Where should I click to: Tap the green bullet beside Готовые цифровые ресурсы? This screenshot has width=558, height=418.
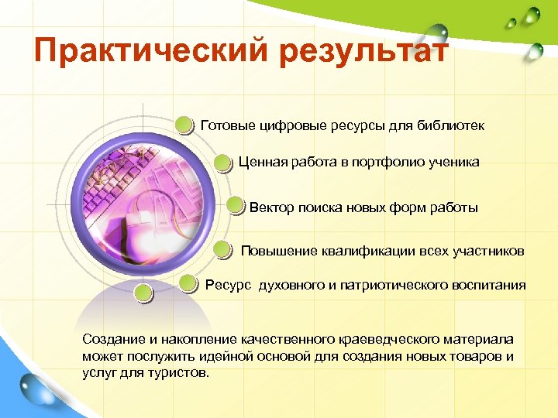coord(184,125)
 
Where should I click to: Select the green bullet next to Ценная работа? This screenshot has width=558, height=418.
coord(223,163)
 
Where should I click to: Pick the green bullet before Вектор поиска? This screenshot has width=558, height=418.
coord(236,207)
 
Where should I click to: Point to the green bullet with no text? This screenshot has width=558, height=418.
coord(142,293)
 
